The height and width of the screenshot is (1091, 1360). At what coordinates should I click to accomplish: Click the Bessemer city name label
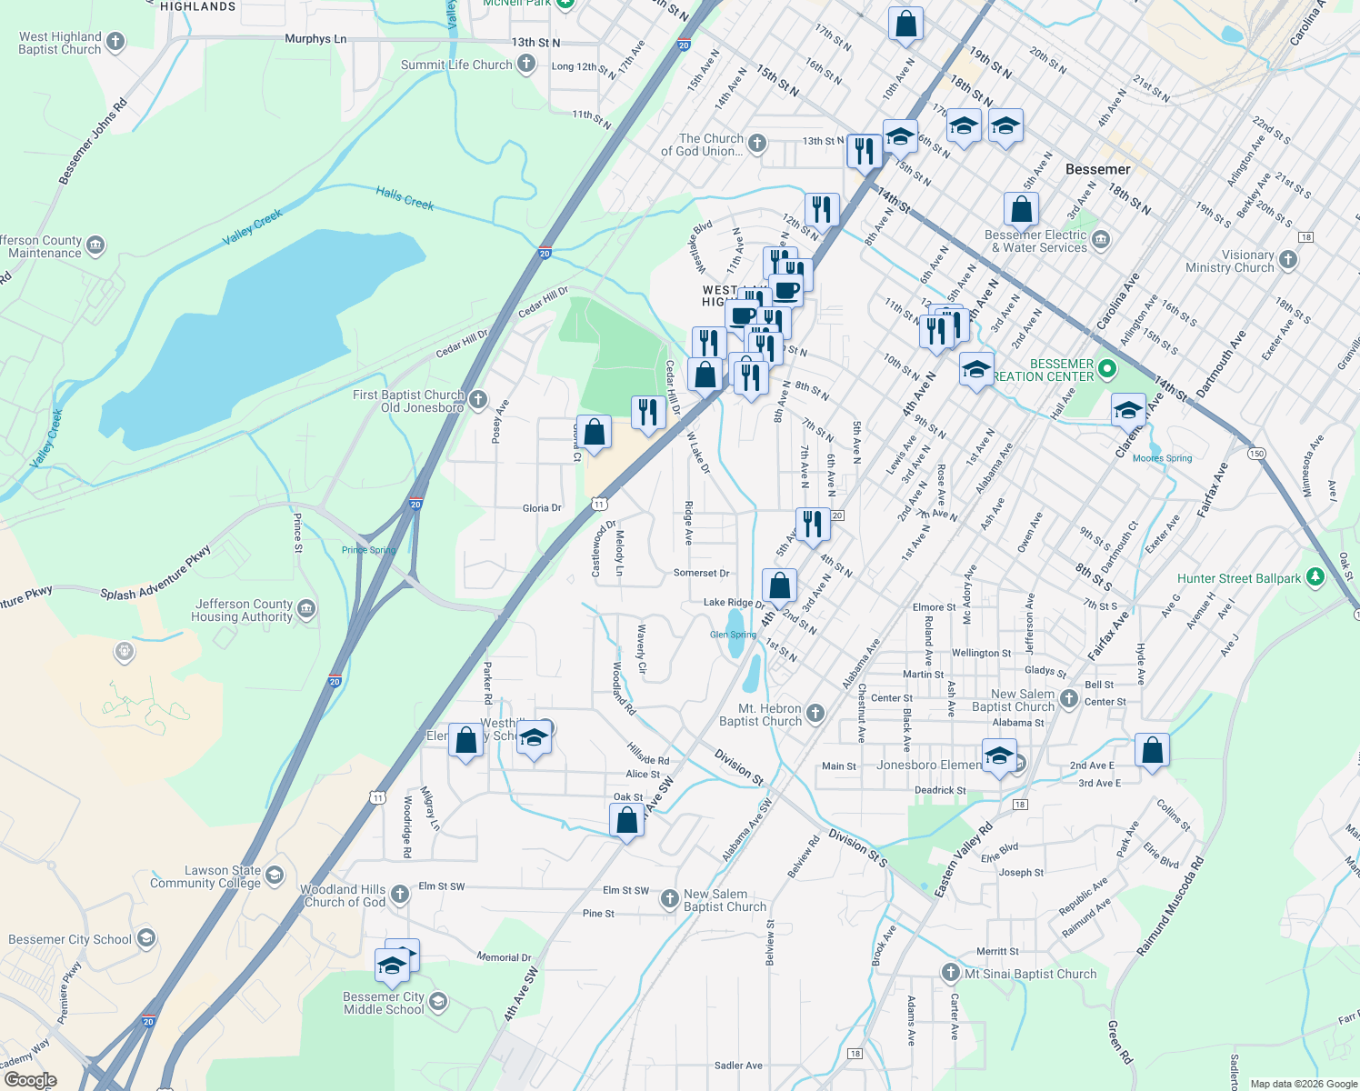pyautogui.click(x=1097, y=169)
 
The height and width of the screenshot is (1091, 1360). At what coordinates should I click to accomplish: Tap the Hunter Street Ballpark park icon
pyautogui.click(x=1315, y=577)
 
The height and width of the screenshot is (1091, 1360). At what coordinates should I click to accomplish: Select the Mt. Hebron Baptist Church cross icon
pyautogui.click(x=815, y=714)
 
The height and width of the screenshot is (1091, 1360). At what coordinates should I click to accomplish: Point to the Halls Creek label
pyautogui.click(x=405, y=197)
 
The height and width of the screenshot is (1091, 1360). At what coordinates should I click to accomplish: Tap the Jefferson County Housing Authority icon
pyautogui.click(x=306, y=608)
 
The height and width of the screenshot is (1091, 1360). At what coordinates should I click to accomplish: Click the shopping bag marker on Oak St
pyautogui.click(x=627, y=822)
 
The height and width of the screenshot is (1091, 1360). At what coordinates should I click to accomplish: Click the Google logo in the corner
pyautogui.click(x=30, y=1080)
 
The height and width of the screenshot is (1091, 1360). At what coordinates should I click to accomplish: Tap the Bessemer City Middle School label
pyautogui.click(x=384, y=1003)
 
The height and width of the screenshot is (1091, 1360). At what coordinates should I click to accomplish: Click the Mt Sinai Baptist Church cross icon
pyautogui.click(x=950, y=973)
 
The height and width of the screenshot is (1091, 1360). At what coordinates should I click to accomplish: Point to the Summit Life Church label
pyautogui.click(x=456, y=65)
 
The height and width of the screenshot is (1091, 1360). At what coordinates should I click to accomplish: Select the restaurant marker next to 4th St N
pyautogui.click(x=812, y=525)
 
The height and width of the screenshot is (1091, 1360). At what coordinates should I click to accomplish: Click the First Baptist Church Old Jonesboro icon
pyautogui.click(x=478, y=399)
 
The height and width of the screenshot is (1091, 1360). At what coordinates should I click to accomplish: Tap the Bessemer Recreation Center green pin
pyautogui.click(x=1106, y=369)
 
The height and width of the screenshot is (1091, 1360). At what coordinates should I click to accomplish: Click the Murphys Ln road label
pyautogui.click(x=315, y=39)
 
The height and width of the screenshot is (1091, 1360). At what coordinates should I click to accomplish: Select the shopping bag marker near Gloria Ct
pyautogui.click(x=594, y=434)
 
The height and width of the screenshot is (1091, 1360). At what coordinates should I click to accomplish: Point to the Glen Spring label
pyautogui.click(x=733, y=635)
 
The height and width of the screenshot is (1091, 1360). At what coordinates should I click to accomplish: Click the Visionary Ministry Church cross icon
pyautogui.click(x=1287, y=260)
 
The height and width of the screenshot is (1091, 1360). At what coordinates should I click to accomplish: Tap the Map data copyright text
pyautogui.click(x=1303, y=1084)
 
